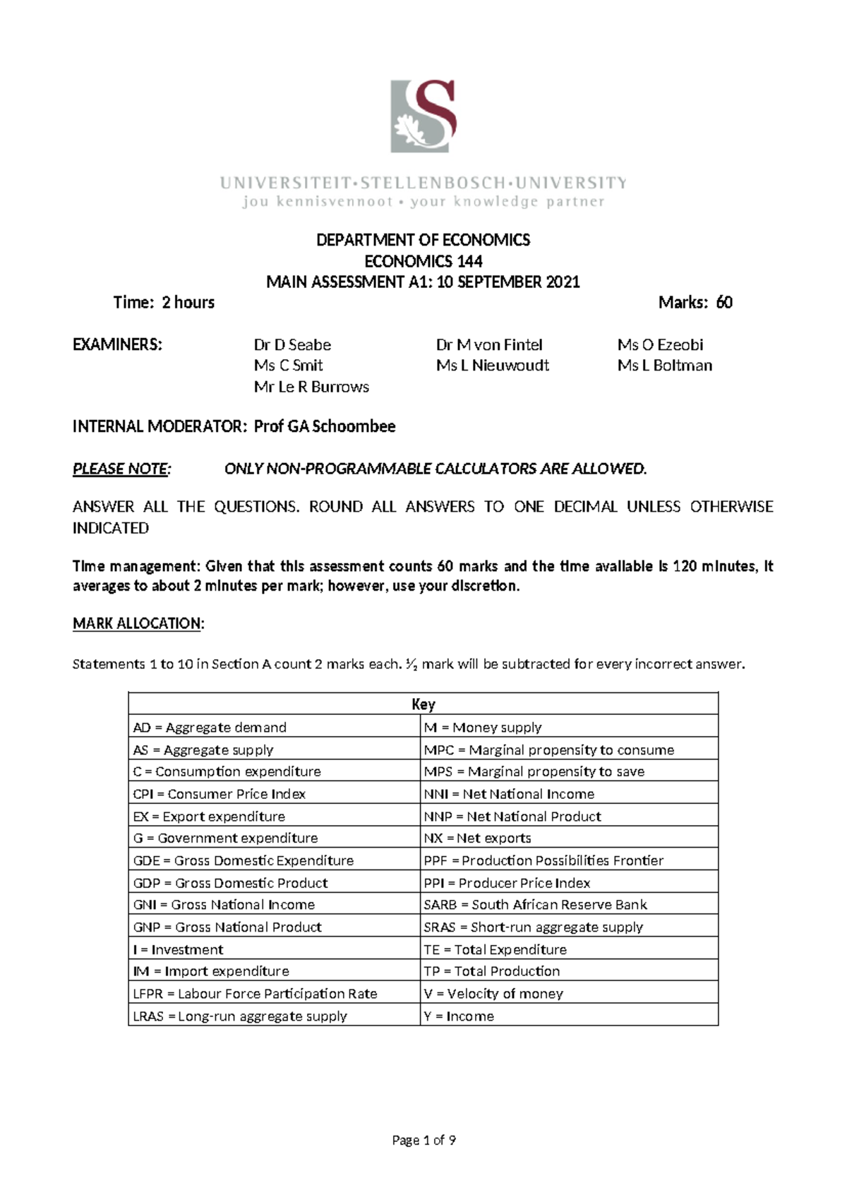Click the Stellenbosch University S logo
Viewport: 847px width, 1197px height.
[x=423, y=116]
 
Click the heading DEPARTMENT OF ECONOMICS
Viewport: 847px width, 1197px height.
[x=423, y=240]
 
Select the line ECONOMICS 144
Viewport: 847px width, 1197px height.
[x=423, y=261]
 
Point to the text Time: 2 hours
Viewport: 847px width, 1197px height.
[x=164, y=303]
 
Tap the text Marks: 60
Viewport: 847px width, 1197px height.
[x=695, y=303]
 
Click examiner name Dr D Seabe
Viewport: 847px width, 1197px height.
[x=292, y=345]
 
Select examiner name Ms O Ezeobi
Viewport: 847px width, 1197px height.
[x=660, y=345]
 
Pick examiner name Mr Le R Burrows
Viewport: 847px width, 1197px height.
[x=311, y=387]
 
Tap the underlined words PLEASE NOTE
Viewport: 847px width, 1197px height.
[x=121, y=469]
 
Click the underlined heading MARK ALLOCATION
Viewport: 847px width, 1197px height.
[x=138, y=623]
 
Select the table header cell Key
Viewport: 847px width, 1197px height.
[x=423, y=704]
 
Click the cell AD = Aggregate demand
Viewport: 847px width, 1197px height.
[x=210, y=727]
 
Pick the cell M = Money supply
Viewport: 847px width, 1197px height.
[x=483, y=727]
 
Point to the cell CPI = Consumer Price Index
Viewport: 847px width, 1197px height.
[x=219, y=794]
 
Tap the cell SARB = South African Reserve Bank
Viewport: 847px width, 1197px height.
[x=535, y=905]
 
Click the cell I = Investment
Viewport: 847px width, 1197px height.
[x=178, y=949]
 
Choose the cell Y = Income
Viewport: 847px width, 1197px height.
[x=459, y=1016]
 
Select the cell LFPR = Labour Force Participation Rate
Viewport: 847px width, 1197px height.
[x=255, y=994]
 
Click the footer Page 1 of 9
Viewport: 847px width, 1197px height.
[x=423, y=1140]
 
